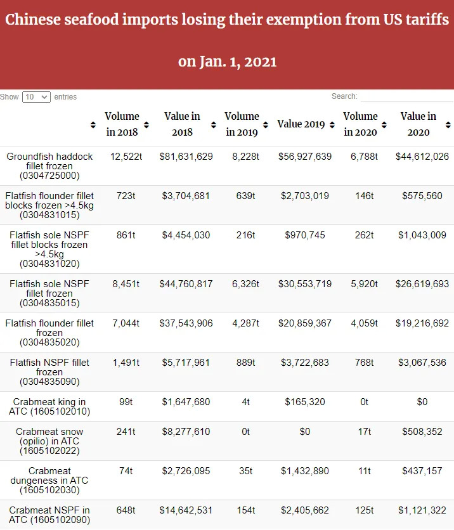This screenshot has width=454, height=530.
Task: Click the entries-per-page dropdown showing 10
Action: [36, 97]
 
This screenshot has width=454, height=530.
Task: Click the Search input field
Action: [406, 97]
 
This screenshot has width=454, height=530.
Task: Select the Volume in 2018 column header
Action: [122, 124]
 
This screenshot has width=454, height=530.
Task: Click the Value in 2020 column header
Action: [418, 124]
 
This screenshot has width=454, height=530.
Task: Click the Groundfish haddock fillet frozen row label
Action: [49, 165]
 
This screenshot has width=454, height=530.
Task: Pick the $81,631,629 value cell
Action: [186, 157]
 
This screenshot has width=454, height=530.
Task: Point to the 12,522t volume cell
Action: [122, 157]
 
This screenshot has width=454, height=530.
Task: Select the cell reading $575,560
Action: [422, 196]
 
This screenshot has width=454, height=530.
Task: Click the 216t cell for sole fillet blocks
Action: [242, 235]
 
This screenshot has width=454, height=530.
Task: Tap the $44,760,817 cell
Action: [186, 284]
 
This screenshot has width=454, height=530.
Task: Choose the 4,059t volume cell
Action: [364, 323]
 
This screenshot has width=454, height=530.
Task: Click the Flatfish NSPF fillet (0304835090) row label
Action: [49, 372]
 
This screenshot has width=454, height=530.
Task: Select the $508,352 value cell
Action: [422, 432]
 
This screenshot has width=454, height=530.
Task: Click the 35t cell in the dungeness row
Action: [242, 471]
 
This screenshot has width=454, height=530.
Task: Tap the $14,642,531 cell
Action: [186, 510]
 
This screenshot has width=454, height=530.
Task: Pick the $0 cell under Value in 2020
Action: [422, 402]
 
